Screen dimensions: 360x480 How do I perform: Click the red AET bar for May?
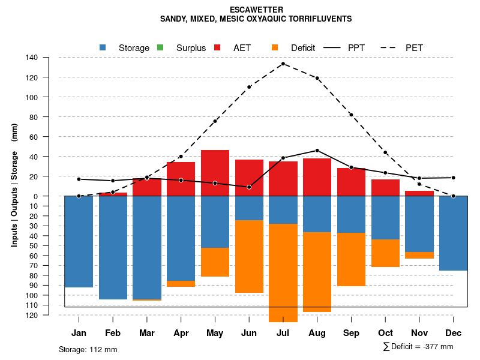click(x=215, y=173)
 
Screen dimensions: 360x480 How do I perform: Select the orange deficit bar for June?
click(x=249, y=256)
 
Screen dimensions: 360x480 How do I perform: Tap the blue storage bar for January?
click(x=79, y=241)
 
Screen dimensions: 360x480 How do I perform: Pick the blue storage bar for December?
click(x=453, y=233)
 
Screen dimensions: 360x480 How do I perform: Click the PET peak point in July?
click(x=283, y=64)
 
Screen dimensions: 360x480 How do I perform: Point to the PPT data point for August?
click(x=317, y=151)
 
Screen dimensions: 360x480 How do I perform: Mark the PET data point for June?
click(x=249, y=87)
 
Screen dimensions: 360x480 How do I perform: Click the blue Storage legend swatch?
click(x=103, y=47)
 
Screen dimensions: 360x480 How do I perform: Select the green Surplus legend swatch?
click(x=160, y=47)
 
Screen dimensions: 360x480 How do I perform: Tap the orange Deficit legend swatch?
click(x=275, y=47)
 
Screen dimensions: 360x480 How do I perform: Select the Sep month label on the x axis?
click(x=351, y=333)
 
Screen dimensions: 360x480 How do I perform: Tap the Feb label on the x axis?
click(x=113, y=333)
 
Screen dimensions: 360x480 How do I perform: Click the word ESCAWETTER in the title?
click(x=256, y=10)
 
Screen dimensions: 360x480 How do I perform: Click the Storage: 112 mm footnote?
click(x=88, y=349)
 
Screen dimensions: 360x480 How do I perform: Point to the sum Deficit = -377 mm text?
click(x=418, y=347)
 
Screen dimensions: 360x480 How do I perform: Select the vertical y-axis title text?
click(x=14, y=186)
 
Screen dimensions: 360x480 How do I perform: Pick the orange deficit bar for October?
click(x=385, y=253)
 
